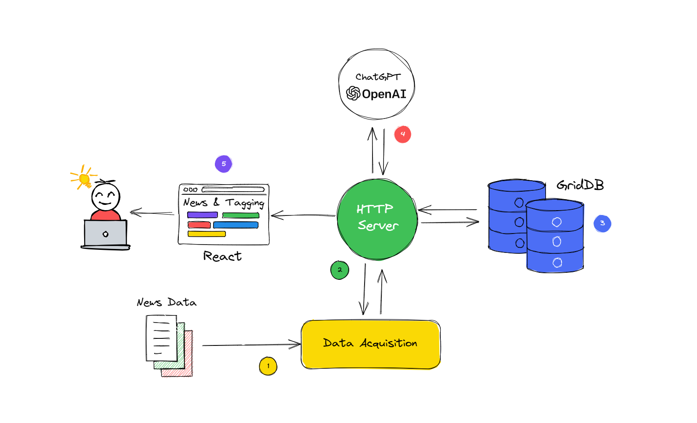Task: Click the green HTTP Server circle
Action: (x=377, y=219)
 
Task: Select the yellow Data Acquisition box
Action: (x=371, y=345)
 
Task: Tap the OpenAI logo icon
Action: (x=353, y=93)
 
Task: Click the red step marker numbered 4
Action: (x=402, y=134)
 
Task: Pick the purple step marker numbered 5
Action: (x=224, y=164)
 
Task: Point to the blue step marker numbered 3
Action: (x=602, y=223)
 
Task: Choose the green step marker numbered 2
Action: (x=339, y=270)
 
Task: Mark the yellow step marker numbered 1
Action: (x=268, y=366)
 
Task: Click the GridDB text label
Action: (x=580, y=185)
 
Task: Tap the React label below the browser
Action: (x=222, y=256)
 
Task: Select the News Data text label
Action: (x=166, y=303)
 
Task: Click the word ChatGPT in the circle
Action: (x=378, y=77)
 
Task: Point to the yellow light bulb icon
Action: (x=84, y=178)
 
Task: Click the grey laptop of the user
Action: (x=106, y=234)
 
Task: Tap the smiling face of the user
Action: (x=106, y=197)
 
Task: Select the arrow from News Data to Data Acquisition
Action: (x=251, y=345)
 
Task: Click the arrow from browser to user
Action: (x=152, y=213)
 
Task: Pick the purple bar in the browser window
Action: (x=203, y=215)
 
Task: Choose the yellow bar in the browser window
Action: (x=207, y=234)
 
